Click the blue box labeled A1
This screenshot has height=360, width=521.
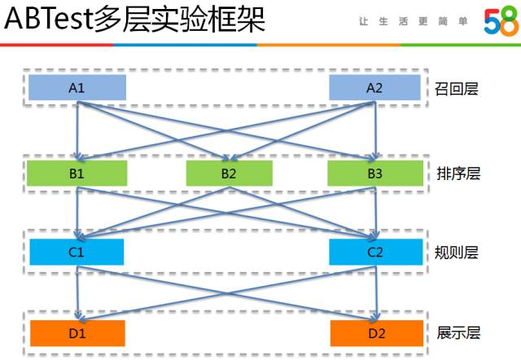click(x=77, y=88)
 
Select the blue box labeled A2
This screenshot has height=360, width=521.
click(x=374, y=88)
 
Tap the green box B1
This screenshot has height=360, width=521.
click(x=77, y=173)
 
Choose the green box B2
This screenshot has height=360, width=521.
click(x=229, y=173)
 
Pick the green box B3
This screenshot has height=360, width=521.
click(x=374, y=173)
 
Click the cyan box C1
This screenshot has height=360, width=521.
click(x=77, y=252)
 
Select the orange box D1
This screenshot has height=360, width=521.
click(x=77, y=332)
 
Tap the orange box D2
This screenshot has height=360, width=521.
click(x=375, y=332)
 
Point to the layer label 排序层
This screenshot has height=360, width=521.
click(x=457, y=173)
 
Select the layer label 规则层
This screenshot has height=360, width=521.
click(x=457, y=252)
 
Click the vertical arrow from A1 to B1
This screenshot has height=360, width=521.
click(x=77, y=130)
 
